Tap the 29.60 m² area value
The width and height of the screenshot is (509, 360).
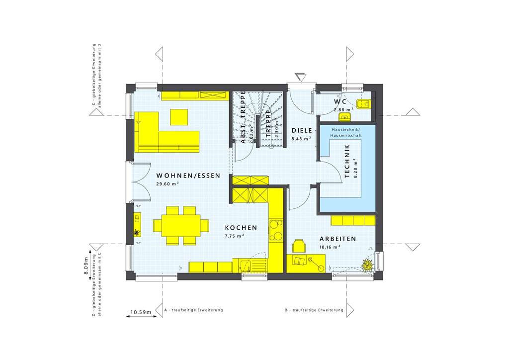pyautogui.click(x=168, y=184)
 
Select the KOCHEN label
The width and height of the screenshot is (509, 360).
pyautogui.click(x=240, y=228)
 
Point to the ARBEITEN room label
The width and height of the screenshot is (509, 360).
pyautogui.click(x=338, y=239)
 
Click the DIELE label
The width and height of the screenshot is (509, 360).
pyautogui.click(x=301, y=131)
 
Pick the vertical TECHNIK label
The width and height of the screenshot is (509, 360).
pyautogui.click(x=347, y=162)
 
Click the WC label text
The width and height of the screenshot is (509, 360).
pyautogui.click(x=340, y=101)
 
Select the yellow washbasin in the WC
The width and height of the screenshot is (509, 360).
pyautogui.click(x=344, y=117)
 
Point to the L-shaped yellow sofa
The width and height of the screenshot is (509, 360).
pyautogui.click(x=159, y=134)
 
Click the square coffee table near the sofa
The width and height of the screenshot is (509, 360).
pyautogui.click(x=179, y=117)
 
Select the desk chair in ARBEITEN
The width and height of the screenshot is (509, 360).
pyautogui.click(x=298, y=246)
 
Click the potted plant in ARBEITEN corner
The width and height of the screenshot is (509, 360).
pyautogui.click(x=368, y=265)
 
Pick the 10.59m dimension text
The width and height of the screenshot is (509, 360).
pyautogui.click(x=141, y=312)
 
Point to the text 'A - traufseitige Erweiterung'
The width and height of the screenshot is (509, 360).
pyautogui.click(x=193, y=310)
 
